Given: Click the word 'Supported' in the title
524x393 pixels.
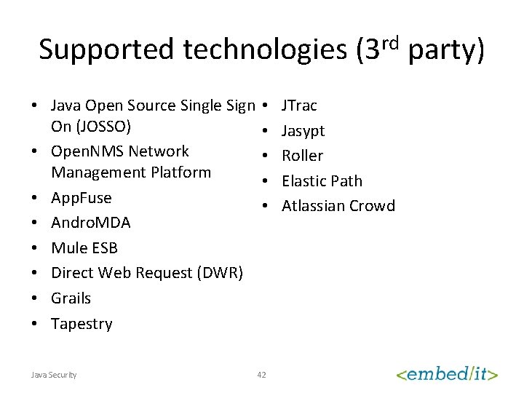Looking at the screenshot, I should pyautogui.click(x=106, y=49).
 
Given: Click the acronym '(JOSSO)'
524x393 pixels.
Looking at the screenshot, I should pyautogui.click(x=91, y=126).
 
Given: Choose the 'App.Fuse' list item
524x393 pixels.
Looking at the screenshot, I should pyautogui.click(x=81, y=197).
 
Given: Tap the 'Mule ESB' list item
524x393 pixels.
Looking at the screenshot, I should pyautogui.click(x=84, y=247).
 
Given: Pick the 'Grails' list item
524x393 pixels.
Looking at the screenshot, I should pyautogui.click(x=71, y=298).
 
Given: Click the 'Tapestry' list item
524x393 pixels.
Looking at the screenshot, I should pyautogui.click(x=82, y=324).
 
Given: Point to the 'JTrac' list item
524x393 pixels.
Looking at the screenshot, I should pyautogui.click(x=299, y=106).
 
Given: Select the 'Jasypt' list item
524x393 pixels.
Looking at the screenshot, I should pyautogui.click(x=303, y=131).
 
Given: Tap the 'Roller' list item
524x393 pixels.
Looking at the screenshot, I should pyautogui.click(x=302, y=156).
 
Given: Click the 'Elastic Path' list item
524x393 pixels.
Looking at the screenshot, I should pyautogui.click(x=322, y=180).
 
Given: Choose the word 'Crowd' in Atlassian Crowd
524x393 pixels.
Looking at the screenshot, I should pyautogui.click(x=372, y=206).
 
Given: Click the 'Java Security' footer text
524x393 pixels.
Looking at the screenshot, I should pyautogui.click(x=54, y=375).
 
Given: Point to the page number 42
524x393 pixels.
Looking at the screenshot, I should pyautogui.click(x=262, y=375).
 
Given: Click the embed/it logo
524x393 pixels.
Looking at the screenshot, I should pyautogui.click(x=447, y=373).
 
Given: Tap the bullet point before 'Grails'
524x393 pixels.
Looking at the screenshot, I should pyautogui.click(x=34, y=298).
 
